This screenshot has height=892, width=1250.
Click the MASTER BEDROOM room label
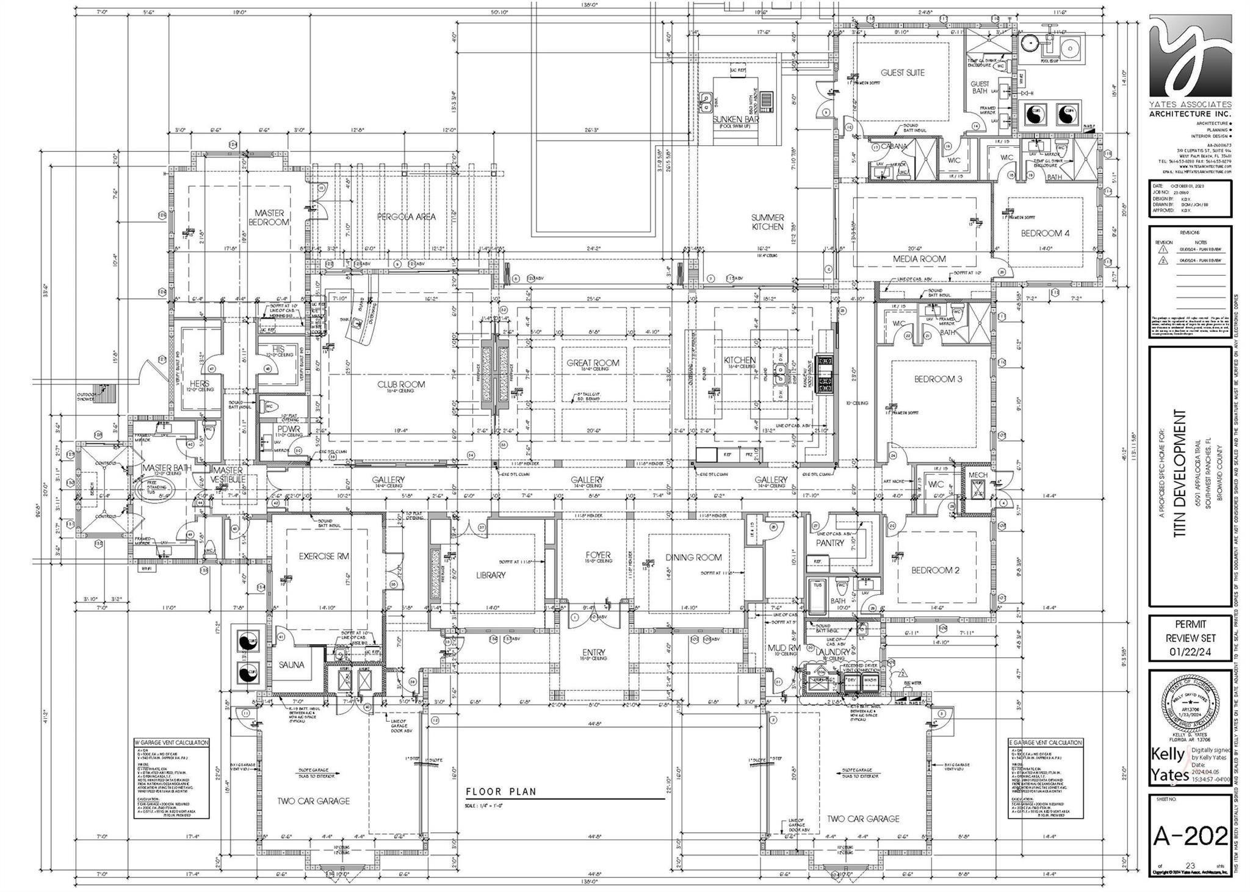tap(269, 218)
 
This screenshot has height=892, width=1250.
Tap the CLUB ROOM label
tap(400, 384)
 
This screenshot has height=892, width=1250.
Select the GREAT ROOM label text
tap(593, 362)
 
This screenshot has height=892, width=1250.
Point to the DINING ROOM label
tap(693, 557)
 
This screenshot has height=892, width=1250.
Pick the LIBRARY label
tap(491, 575)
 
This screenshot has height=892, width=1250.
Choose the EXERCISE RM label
tap(324, 556)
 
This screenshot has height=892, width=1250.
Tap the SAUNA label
tap(292, 665)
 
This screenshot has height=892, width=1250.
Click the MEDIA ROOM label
tap(919, 259)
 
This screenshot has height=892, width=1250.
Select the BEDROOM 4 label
tap(1045, 233)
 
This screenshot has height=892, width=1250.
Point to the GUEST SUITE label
tap(902, 73)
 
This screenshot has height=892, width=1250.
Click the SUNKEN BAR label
tap(735, 120)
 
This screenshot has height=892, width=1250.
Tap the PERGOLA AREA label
tap(406, 217)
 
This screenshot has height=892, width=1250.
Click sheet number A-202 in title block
tap(1190, 836)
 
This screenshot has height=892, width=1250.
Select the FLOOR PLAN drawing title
tap(501, 792)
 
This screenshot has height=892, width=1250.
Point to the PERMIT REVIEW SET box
tap(1190, 638)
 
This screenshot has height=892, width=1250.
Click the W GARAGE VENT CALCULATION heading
tap(172, 743)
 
